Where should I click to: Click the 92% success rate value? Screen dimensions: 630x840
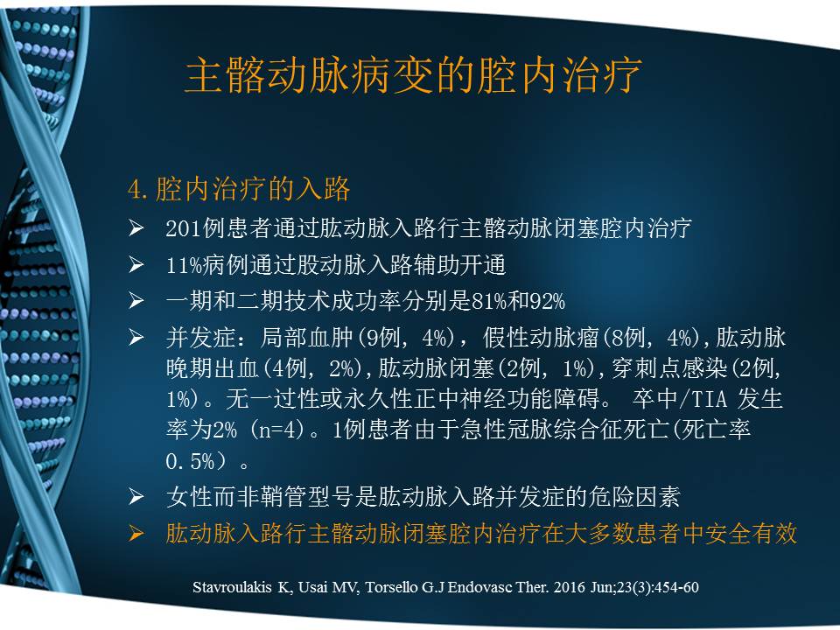[x=548, y=302]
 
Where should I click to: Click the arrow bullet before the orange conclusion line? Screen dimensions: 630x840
[x=136, y=534]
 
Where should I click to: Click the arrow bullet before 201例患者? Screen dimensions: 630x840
[x=136, y=229]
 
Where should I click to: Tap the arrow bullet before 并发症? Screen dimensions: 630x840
[x=136, y=338]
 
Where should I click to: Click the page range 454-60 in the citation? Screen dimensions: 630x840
[x=674, y=586]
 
